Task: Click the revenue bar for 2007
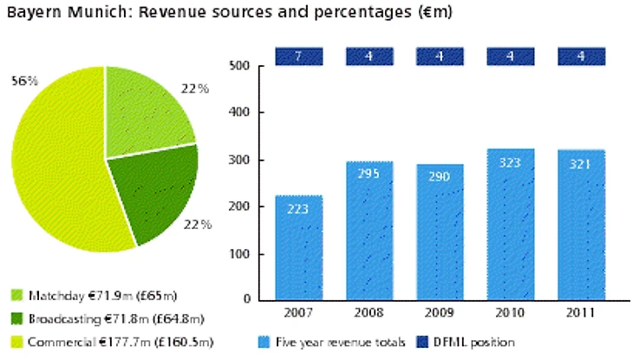[x=299, y=247]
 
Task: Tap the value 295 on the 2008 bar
[x=369, y=173]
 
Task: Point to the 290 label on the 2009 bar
[x=440, y=176]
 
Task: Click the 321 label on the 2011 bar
[x=580, y=163]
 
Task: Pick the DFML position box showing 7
[x=299, y=56]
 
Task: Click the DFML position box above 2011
[x=580, y=56]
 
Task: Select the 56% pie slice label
[x=24, y=81]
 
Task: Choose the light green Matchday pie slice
[x=147, y=113]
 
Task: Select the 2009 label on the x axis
[x=440, y=312]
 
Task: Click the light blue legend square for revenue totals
[x=265, y=342]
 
